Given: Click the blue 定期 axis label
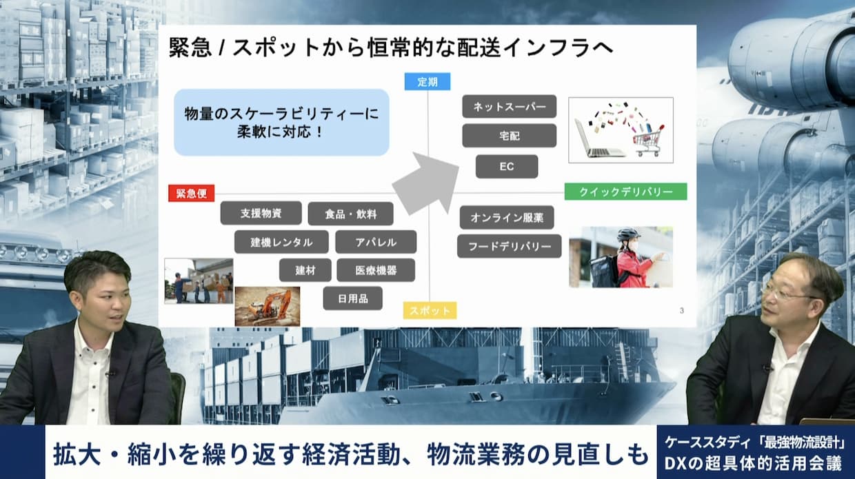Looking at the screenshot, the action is click(427, 82).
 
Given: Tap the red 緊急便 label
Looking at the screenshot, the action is click(191, 193).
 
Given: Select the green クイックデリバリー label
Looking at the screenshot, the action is click(625, 192).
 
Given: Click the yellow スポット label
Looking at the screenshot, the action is click(430, 310).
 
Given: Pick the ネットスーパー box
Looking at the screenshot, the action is click(509, 107).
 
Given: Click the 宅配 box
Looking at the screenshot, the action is click(509, 136).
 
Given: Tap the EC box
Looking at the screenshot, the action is click(507, 166).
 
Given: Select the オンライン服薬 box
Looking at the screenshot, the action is click(507, 218).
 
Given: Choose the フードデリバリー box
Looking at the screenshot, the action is click(509, 246).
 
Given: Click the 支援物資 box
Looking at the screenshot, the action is click(261, 213).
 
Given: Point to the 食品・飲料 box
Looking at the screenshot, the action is click(351, 214).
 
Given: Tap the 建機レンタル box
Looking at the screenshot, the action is click(281, 242).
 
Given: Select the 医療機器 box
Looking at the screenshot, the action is click(376, 270).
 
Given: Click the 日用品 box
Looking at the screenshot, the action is click(353, 298).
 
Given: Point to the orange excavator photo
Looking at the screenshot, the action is click(268, 307).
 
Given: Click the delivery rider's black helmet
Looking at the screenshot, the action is click(628, 234).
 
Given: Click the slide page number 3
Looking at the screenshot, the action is click(682, 311).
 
